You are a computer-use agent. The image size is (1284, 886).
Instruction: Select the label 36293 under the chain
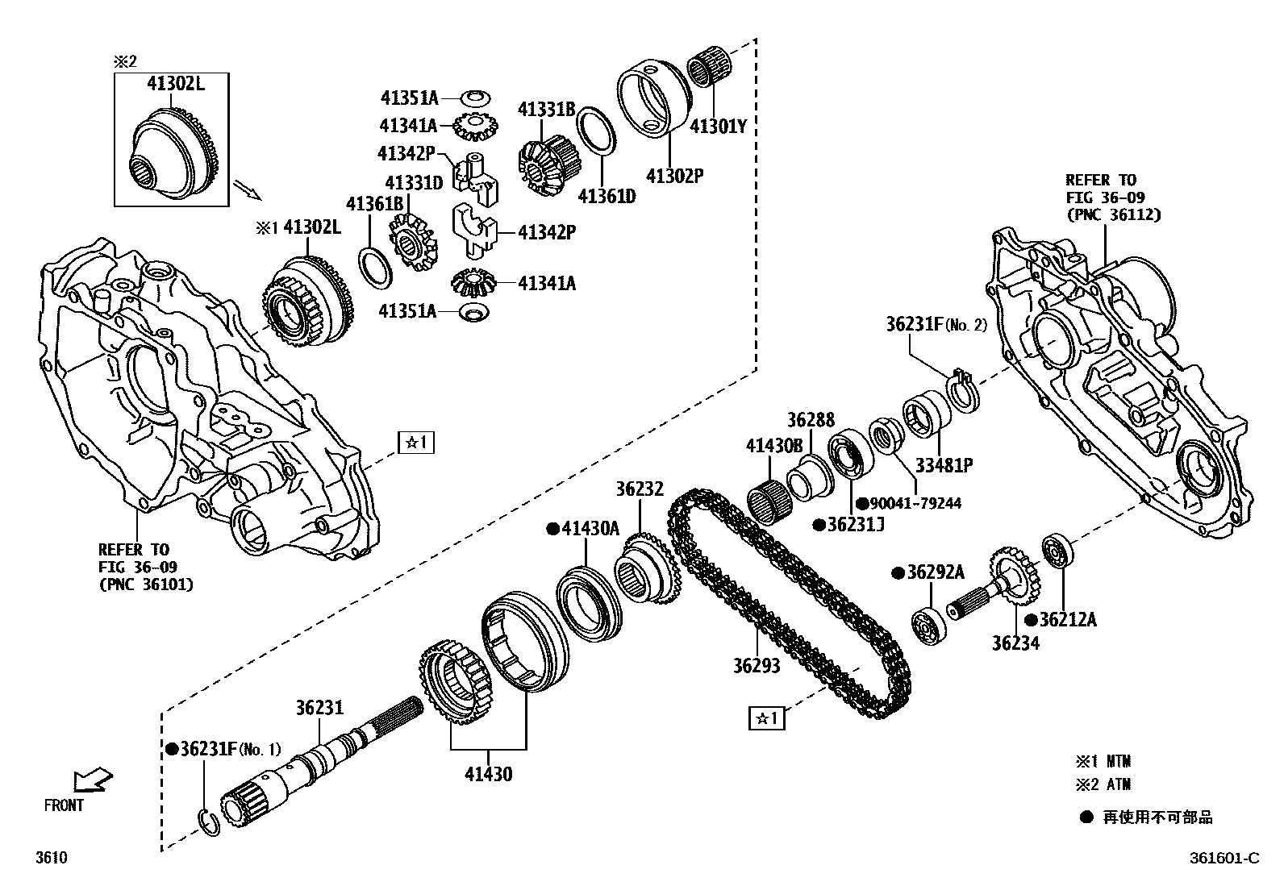(x=757, y=666)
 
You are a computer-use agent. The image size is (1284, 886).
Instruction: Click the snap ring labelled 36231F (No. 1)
(x=208, y=820)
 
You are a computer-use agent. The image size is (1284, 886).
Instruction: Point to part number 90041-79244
(x=915, y=504)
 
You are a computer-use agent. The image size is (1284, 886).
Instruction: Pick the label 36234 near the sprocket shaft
(x=1015, y=643)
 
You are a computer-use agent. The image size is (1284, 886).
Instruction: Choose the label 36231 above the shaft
(x=319, y=708)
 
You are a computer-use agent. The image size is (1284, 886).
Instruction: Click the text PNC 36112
(x=1114, y=214)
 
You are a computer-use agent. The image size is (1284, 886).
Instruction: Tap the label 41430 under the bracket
(x=487, y=775)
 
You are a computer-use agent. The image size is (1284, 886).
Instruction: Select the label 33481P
(x=943, y=465)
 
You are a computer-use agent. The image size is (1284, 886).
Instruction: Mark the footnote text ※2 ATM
(x=1103, y=784)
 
